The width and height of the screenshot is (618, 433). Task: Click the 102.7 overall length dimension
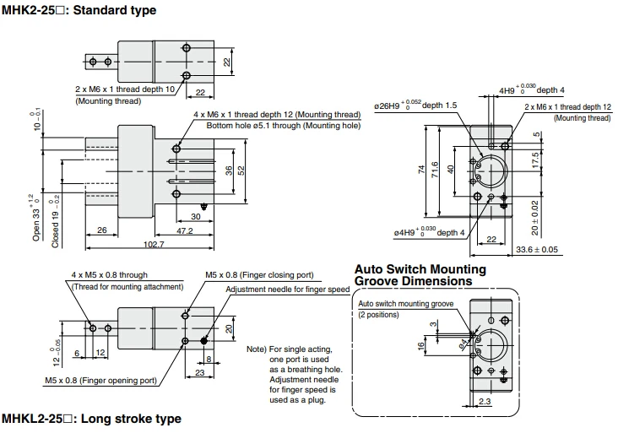click(154, 244)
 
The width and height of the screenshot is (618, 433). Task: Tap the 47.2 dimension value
click(184, 230)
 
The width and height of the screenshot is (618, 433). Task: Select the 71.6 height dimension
click(435, 170)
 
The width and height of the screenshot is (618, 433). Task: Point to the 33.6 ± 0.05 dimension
click(537, 249)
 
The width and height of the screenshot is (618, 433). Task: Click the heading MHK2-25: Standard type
click(79, 10)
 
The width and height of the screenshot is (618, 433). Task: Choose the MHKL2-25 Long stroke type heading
click(91, 419)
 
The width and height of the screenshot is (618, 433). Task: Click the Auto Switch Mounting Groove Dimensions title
click(420, 275)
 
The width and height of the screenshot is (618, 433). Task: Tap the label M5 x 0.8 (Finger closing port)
click(259, 274)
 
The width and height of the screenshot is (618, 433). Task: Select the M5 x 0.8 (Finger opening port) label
click(101, 380)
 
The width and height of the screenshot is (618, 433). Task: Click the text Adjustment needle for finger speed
click(288, 290)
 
